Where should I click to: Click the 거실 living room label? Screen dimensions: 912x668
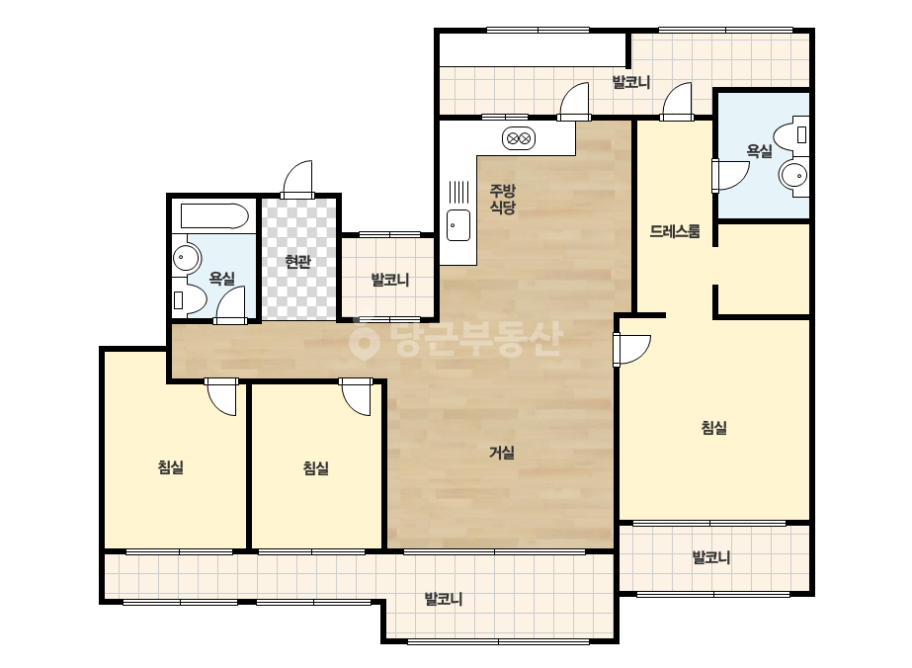click(x=501, y=453)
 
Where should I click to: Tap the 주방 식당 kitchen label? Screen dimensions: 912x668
click(x=502, y=199)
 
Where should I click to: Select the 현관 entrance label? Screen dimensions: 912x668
click(x=297, y=261)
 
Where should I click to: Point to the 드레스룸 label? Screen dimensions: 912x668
click(x=675, y=231)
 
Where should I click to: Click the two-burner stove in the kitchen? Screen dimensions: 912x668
click(x=518, y=138)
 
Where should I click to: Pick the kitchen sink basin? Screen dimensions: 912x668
click(x=458, y=225)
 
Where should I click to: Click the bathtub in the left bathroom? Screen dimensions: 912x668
click(x=214, y=216)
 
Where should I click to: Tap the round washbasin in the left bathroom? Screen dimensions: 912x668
click(x=187, y=257)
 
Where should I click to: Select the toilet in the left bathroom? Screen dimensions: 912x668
click(x=189, y=299)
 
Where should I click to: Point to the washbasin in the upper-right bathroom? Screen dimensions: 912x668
click(x=794, y=175)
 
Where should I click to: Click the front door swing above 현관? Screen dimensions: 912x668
click(x=297, y=179)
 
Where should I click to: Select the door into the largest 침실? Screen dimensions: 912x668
click(x=631, y=350)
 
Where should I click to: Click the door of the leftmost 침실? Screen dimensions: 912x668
click(x=222, y=396)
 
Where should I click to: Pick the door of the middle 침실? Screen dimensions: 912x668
click(x=356, y=397)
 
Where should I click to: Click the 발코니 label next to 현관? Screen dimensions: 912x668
click(x=389, y=280)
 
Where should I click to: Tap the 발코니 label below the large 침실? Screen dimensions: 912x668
click(x=710, y=557)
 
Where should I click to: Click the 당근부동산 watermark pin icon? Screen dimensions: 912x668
click(x=364, y=343)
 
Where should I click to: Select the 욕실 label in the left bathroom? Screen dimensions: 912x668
click(x=221, y=278)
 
